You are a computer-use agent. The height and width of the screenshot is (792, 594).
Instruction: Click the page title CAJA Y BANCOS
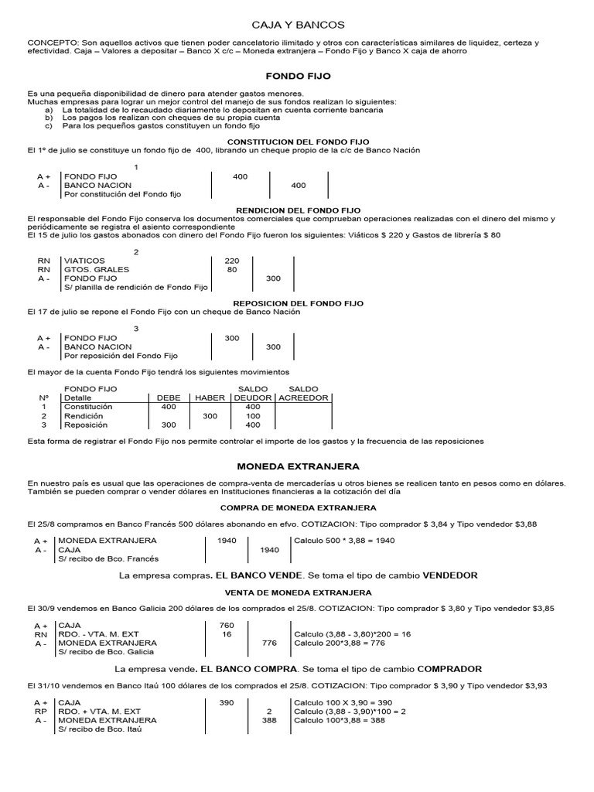[298, 25]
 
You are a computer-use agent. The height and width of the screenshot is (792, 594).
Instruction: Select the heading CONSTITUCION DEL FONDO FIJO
[298, 142]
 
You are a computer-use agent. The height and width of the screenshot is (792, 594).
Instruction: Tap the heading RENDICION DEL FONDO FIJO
[298, 210]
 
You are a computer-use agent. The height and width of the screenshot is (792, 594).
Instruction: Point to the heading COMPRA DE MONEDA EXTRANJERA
[298, 507]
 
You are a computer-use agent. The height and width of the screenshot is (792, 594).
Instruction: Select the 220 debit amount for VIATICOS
[232, 261]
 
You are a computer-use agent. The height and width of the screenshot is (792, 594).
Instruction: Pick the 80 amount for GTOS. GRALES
[232, 270]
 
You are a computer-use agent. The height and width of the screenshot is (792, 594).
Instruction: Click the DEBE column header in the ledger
[168, 398]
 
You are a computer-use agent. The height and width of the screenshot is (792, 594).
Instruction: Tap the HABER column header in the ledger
[210, 398]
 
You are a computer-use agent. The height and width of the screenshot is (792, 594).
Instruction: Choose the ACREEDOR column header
[303, 398]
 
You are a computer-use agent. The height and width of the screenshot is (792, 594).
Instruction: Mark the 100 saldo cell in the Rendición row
[252, 416]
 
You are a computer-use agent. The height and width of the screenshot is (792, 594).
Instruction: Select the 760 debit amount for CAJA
[227, 625]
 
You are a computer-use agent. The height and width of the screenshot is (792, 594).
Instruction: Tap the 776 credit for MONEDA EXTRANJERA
[269, 643]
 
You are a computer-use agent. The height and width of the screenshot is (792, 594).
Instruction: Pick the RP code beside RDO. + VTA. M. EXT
[41, 711]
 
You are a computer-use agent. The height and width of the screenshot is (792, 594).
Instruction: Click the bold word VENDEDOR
[445, 575]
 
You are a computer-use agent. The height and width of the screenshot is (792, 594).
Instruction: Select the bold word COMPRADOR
[449, 668]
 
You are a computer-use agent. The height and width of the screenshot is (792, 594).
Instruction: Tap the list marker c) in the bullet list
[49, 125]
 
